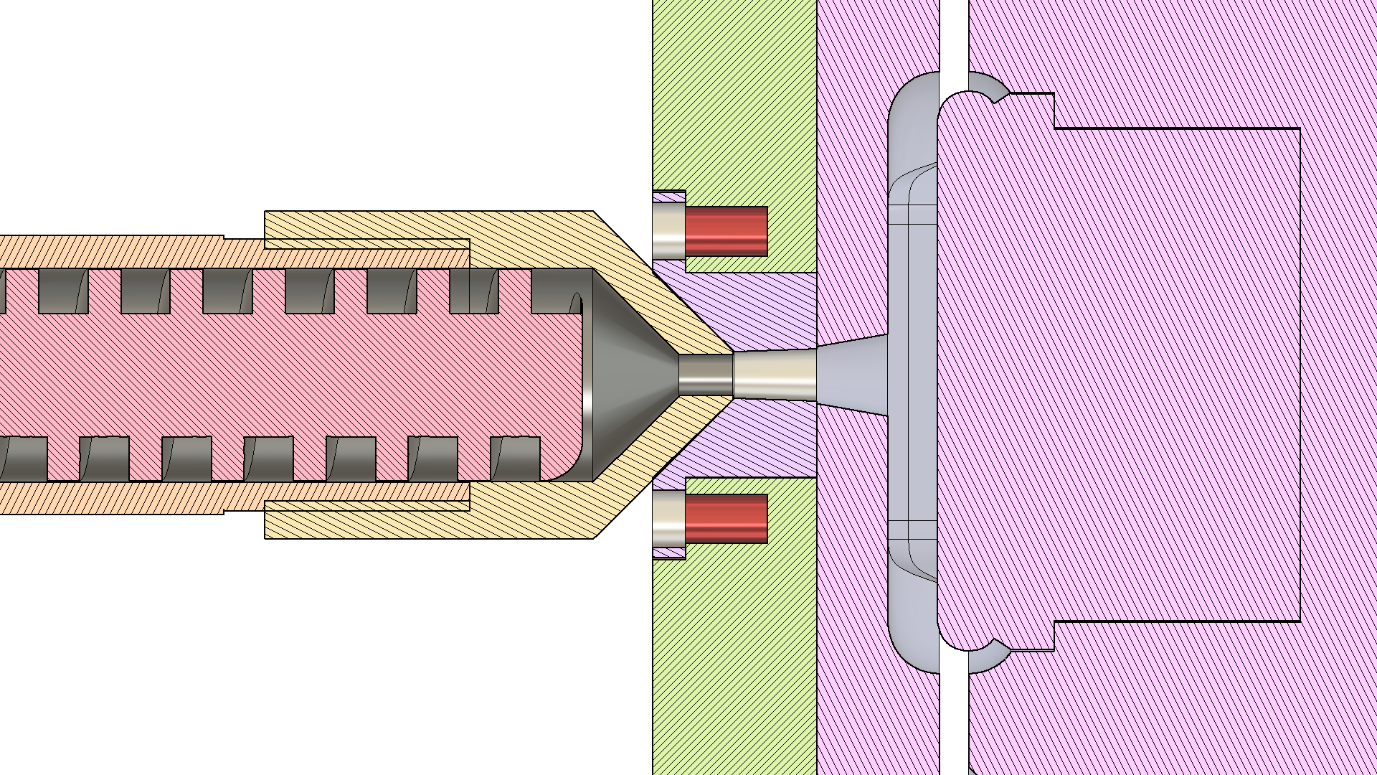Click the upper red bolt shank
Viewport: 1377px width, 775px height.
click(726, 231)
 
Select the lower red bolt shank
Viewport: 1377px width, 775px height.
click(726, 518)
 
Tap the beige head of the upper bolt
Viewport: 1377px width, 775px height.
click(668, 231)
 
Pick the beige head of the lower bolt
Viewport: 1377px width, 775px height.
click(668, 518)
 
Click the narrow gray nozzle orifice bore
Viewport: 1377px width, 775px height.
click(705, 375)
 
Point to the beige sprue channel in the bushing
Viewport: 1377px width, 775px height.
click(775, 375)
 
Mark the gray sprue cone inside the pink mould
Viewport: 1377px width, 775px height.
click(853, 375)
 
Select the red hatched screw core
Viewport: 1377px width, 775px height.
click(287, 375)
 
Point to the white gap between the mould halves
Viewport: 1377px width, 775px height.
click(954, 36)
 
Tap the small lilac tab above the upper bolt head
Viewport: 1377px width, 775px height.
click(669, 197)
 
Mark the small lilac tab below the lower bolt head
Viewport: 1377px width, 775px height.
click(669, 553)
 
